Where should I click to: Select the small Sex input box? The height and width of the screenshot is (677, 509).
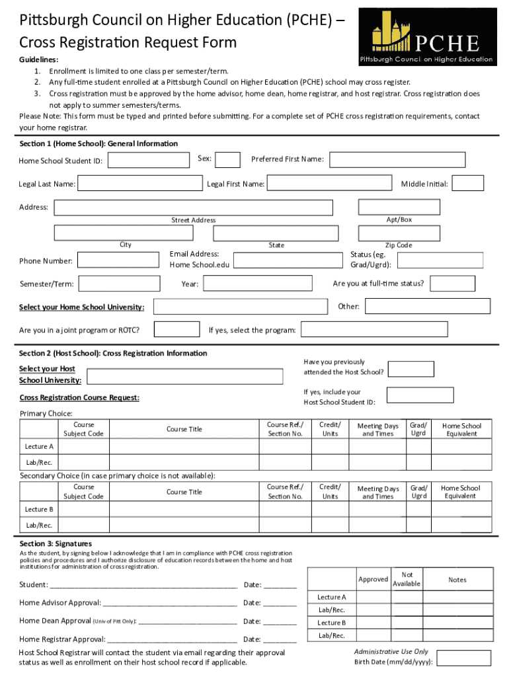pos(228,160)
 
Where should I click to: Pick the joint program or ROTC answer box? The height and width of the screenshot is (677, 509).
pos(176,329)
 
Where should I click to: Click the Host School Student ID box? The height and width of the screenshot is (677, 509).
pos(420,395)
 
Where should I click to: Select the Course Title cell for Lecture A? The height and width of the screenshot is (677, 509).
pos(184,446)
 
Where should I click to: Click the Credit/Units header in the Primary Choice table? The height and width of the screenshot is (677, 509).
pos(330,429)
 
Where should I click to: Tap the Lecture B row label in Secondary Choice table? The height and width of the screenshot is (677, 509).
pos(39,509)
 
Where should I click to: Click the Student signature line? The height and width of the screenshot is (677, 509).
pos(143,584)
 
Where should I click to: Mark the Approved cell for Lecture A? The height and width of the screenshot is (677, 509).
pos(373,597)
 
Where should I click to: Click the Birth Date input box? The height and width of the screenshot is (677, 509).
pos(465,658)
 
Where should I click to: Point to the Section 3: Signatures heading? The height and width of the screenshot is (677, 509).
pos(56,543)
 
